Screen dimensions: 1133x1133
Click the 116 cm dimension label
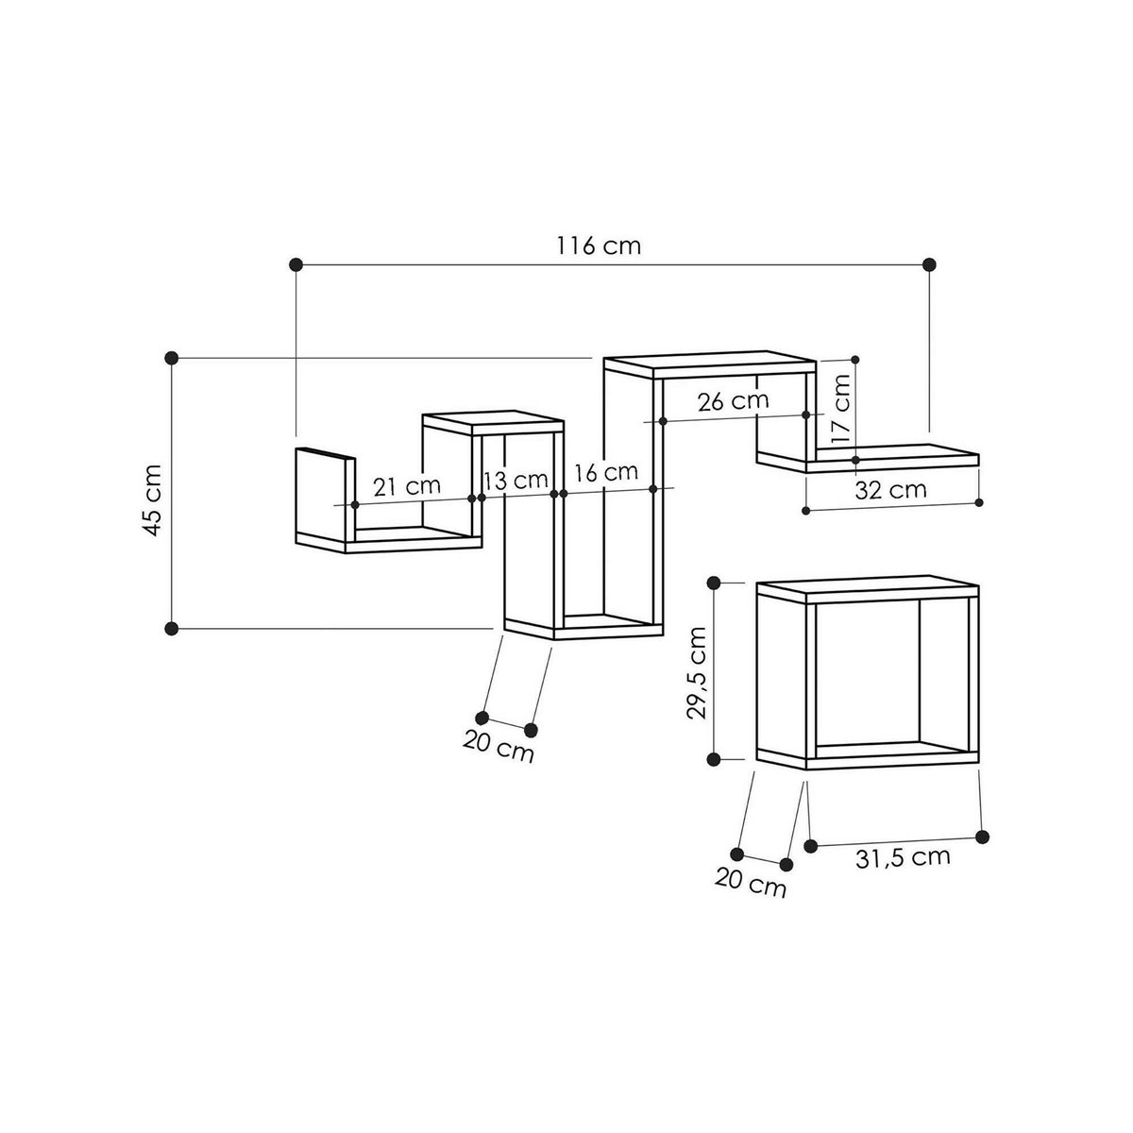599,245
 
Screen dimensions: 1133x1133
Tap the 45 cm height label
152,499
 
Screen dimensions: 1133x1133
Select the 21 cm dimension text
407,486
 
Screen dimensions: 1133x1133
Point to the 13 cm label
516,481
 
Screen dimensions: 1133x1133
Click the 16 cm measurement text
606,471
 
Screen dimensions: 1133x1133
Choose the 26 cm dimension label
734,401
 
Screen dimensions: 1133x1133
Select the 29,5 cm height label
697,672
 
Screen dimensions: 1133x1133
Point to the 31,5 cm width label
903,857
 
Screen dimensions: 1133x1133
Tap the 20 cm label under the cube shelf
751,883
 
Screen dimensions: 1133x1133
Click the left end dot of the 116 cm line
296,264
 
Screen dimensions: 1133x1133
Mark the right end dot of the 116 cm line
930,264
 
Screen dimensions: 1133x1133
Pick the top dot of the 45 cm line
172,358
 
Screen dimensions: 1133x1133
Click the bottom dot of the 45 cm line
172,629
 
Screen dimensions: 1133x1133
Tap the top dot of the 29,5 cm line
714,583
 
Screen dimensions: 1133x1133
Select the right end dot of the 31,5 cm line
982,837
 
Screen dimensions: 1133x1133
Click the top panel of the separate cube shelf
868,588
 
